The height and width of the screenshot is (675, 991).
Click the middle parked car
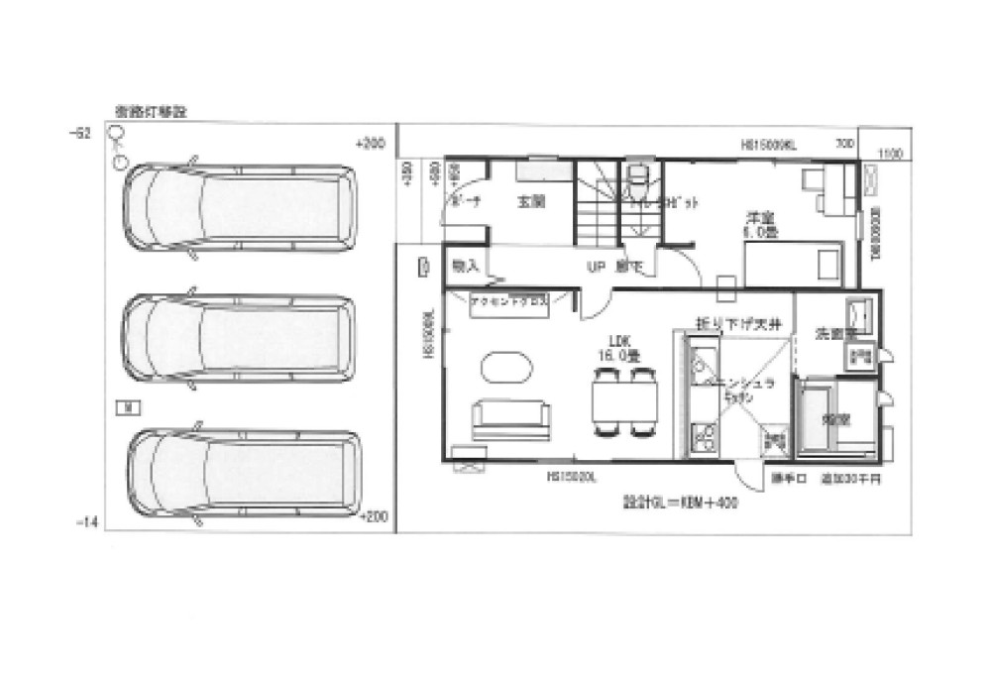[239, 339]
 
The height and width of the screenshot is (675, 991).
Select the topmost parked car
[239, 206]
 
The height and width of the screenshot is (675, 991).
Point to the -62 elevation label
[82, 133]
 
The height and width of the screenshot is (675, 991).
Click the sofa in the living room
[509, 418]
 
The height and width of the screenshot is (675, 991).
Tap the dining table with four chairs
[624, 401]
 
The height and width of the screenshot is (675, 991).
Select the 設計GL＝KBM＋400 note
[673, 503]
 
